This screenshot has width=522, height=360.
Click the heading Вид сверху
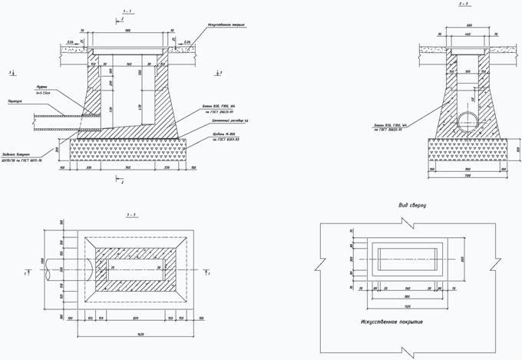tap(412, 206)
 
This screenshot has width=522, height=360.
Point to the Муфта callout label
tap(42, 87)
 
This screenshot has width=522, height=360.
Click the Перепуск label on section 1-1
tap(36, 101)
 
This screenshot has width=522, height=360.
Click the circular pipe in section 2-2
tap(467, 120)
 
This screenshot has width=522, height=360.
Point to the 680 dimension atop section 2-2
tap(466, 28)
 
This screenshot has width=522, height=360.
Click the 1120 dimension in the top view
tap(407, 304)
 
